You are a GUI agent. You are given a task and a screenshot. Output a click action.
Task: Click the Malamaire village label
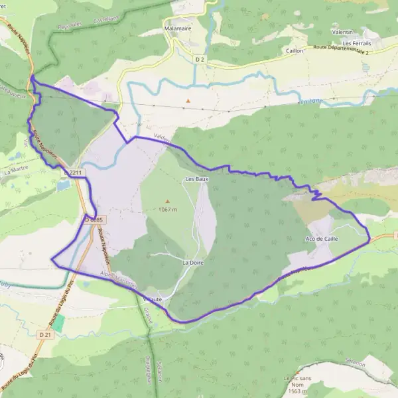[x=176, y=29]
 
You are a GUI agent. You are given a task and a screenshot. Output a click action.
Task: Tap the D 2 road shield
[x=200, y=59]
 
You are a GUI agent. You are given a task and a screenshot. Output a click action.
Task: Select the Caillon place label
[x=295, y=50]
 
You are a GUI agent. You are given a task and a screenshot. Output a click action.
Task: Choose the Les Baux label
[x=194, y=179]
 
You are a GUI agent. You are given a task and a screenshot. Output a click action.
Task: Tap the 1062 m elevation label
[x=168, y=210]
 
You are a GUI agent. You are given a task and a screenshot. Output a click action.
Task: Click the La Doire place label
[x=192, y=263]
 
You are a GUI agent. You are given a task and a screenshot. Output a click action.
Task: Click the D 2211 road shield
[x=75, y=172]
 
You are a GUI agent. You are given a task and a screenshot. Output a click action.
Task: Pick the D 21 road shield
[x=45, y=336]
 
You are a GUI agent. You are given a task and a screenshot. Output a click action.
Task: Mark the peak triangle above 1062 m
[x=167, y=201]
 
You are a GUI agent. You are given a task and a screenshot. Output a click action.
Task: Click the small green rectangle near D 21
[x=58, y=323]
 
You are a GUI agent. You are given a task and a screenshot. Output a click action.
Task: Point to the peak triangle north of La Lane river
[x=188, y=101]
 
